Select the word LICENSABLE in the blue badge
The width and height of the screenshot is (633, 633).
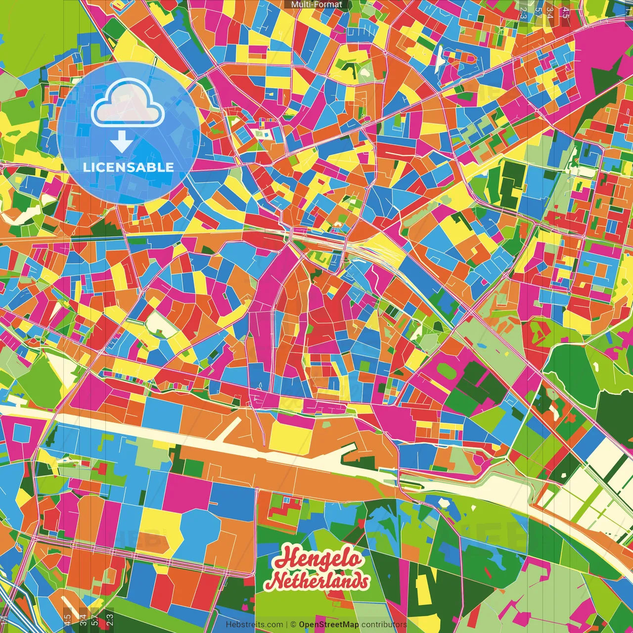coord(128,167)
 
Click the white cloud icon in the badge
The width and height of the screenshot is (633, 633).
coord(128,104)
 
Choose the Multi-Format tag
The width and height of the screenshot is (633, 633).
coord(316,4)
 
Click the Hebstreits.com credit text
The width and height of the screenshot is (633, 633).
coord(254,625)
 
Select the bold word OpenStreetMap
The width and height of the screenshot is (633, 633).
coord(329,625)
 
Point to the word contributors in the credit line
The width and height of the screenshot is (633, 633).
coord(384,625)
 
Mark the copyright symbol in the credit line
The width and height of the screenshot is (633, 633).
coord(293,625)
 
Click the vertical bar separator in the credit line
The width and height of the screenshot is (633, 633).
coord(287,625)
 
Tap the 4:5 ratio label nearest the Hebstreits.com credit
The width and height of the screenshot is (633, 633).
coord(67,618)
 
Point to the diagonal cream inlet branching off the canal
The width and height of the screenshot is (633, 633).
coord(231,428)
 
